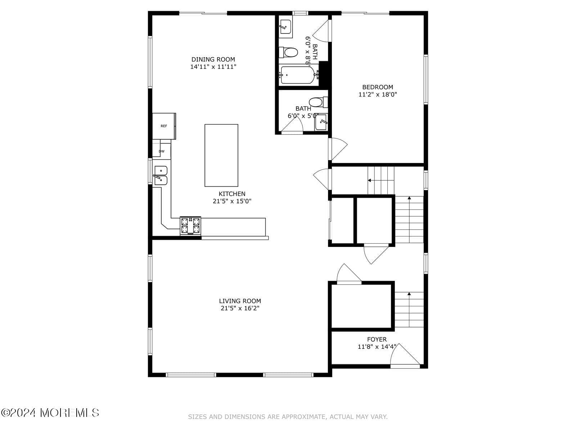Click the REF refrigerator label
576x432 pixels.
coord(163,126)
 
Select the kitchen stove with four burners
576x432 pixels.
coord(190,226)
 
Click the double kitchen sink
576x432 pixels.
coord(161,175)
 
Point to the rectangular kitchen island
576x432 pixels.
coord(221,155)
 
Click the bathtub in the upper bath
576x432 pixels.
coord(298,75)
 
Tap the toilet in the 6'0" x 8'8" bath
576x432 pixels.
coord(288,53)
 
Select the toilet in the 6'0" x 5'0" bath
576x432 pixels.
coord(318,102)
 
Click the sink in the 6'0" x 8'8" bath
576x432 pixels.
coord(285,27)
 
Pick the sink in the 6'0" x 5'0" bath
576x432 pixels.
coord(321,122)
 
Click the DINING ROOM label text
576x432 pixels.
coord(213,59)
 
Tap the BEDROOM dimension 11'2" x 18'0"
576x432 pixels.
coord(378,94)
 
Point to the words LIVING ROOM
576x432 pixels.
coord(240,301)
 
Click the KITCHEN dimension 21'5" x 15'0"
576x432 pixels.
coord(232,201)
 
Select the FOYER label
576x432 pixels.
coord(377,339)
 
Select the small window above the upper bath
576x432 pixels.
coord(300,13)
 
